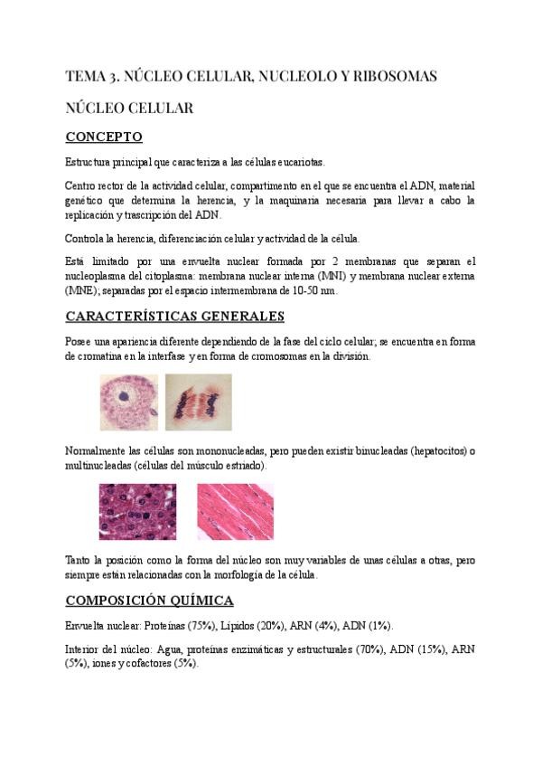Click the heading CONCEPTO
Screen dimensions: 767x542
coord(104,137)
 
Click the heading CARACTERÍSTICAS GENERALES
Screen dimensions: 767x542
coord(174,316)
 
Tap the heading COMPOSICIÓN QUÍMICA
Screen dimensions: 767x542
coord(149,600)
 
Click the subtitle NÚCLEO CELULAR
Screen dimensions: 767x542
coord(129,108)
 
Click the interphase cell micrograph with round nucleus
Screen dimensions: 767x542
coord(129,402)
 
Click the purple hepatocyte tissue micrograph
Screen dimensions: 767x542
coord(137,512)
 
